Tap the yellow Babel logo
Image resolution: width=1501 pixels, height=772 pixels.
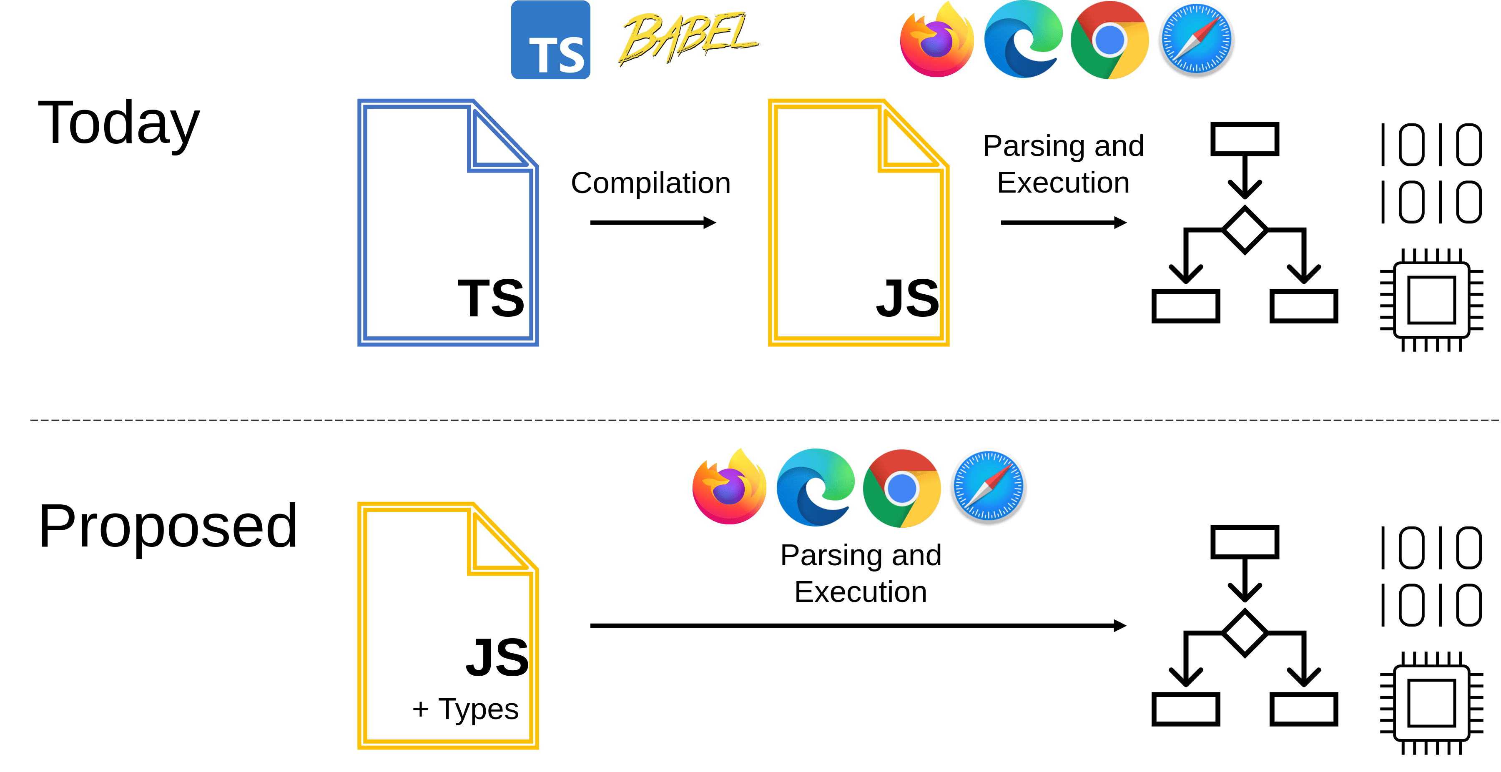click(688, 38)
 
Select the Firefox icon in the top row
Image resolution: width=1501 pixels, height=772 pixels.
click(937, 40)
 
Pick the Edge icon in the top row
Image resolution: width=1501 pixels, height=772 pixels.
click(1023, 40)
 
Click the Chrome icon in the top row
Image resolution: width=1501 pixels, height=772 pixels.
click(1109, 40)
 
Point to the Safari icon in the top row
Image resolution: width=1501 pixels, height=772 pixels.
click(1196, 40)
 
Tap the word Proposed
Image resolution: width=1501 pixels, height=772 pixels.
click(168, 527)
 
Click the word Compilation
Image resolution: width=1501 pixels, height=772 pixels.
click(650, 183)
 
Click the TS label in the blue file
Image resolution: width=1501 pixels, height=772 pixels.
click(491, 298)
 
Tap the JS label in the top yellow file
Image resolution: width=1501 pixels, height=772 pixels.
click(907, 298)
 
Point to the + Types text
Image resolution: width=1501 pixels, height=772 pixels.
click(465, 709)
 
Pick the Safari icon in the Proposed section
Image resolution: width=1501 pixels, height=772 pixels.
click(988, 486)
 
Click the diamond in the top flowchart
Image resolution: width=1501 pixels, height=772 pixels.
click(1245, 230)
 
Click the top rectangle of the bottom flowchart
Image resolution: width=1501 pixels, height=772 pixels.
click(1245, 542)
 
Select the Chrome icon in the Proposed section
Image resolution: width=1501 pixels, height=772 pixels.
click(902, 488)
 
